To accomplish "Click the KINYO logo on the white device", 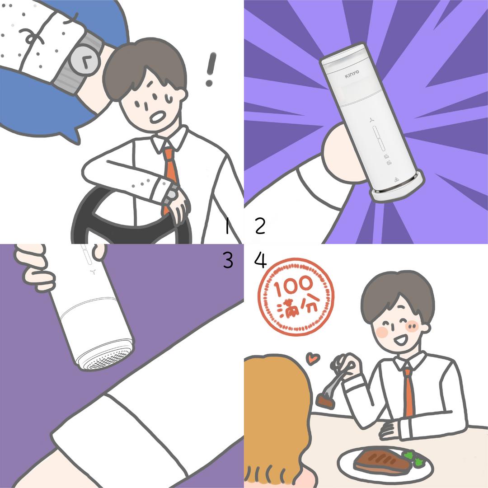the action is coord(352,74).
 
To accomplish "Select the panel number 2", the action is coord(260,226).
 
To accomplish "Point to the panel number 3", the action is coord(228,260).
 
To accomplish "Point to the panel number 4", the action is coord(261,260).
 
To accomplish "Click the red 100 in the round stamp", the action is coord(293,286).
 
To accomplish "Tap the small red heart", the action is coord(313,358).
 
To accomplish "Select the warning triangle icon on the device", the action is coord(396,179).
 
